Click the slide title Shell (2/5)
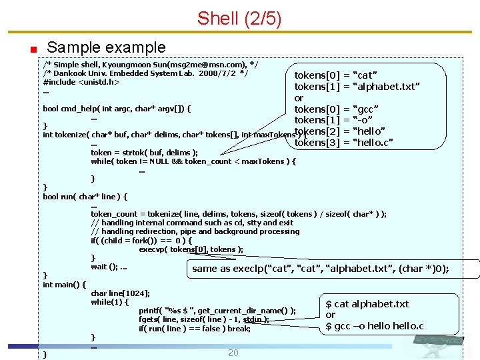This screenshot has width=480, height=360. click(x=239, y=19)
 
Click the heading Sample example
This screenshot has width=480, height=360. click(x=106, y=47)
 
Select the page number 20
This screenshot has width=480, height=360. click(x=233, y=352)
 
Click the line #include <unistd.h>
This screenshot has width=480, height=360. click(x=81, y=83)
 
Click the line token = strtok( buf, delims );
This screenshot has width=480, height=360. click(x=144, y=153)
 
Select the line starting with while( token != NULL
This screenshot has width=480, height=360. click(x=193, y=161)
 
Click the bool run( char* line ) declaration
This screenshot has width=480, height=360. click(x=85, y=197)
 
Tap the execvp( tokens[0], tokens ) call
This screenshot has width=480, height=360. click(x=191, y=249)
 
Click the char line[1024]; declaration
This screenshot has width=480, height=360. click(x=120, y=293)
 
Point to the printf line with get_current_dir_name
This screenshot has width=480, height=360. click(x=217, y=311)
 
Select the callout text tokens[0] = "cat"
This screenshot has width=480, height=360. click(x=336, y=75)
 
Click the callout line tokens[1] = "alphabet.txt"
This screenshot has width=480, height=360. click(x=357, y=87)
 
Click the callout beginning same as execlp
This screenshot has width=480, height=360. click(x=320, y=269)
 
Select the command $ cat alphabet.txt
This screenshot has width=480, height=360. click(x=367, y=304)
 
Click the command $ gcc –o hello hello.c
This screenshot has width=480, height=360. click(x=374, y=326)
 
